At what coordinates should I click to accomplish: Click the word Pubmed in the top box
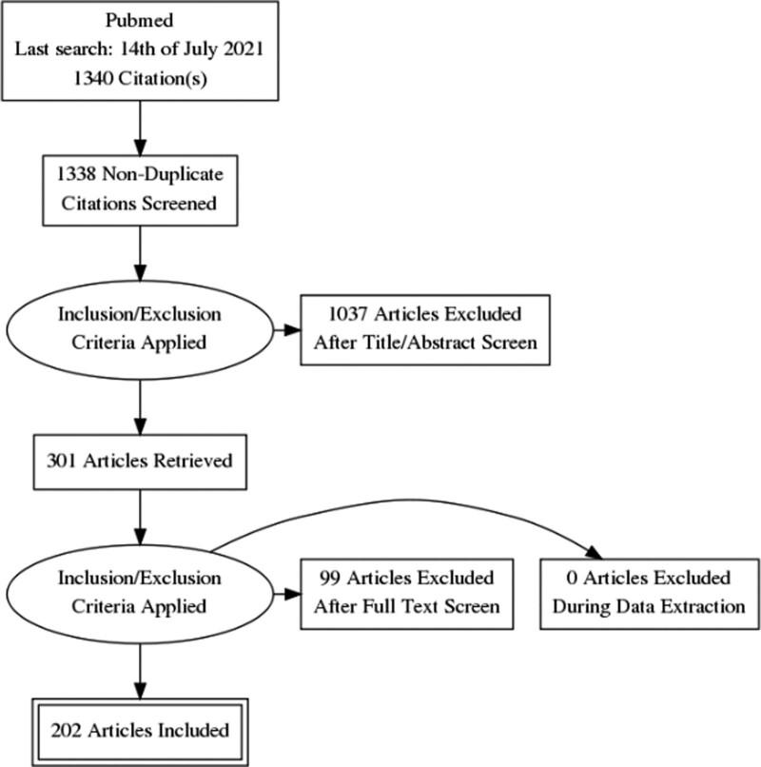click(x=141, y=21)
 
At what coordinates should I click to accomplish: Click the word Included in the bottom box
click(x=189, y=730)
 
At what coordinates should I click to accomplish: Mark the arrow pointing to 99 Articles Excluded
click(x=285, y=594)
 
